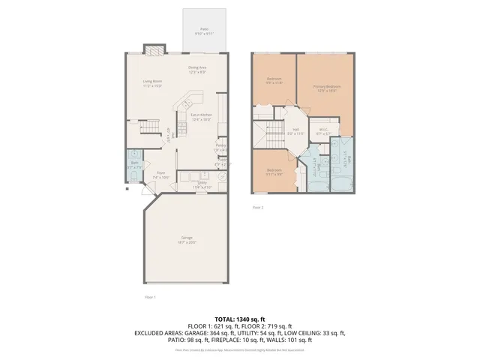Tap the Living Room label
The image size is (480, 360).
click(x=153, y=83)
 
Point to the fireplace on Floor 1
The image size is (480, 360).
click(x=153, y=50)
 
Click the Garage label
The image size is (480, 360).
click(x=186, y=239)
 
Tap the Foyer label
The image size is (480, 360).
click(x=160, y=174)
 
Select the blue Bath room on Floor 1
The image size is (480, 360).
click(x=133, y=169)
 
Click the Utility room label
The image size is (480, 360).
click(x=202, y=184)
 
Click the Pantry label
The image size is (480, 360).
click(x=220, y=147)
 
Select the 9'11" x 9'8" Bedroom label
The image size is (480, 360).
click(x=274, y=171)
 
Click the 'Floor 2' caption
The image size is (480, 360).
click(x=257, y=206)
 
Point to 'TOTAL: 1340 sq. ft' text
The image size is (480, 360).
click(x=239, y=319)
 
